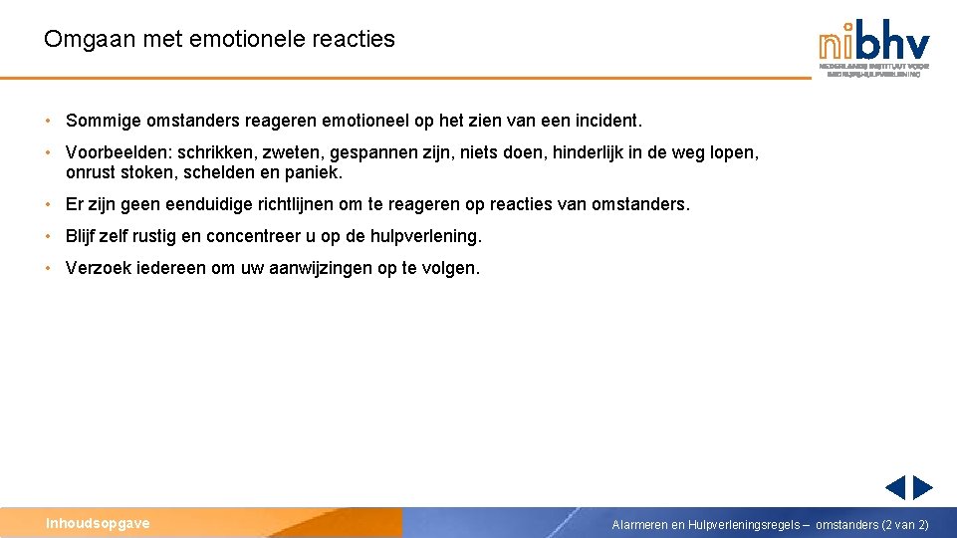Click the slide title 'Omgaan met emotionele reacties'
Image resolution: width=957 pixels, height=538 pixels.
pyautogui.click(x=219, y=40)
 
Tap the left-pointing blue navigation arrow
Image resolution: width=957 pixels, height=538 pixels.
pyautogui.click(x=895, y=487)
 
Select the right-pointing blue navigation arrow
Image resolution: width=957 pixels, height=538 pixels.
pyautogui.click(x=923, y=487)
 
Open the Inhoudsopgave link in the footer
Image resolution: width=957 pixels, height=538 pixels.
pyautogui.click(x=98, y=523)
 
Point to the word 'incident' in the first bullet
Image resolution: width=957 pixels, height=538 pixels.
pyautogui.click(x=608, y=121)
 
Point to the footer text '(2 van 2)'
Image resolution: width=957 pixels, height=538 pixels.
pyautogui.click(x=905, y=524)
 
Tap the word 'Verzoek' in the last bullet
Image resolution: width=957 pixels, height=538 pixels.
pyautogui.click(x=99, y=268)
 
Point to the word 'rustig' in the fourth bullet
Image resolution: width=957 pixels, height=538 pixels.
pyautogui.click(x=159, y=236)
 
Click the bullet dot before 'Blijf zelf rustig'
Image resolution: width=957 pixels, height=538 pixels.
pyautogui.click(x=48, y=236)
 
